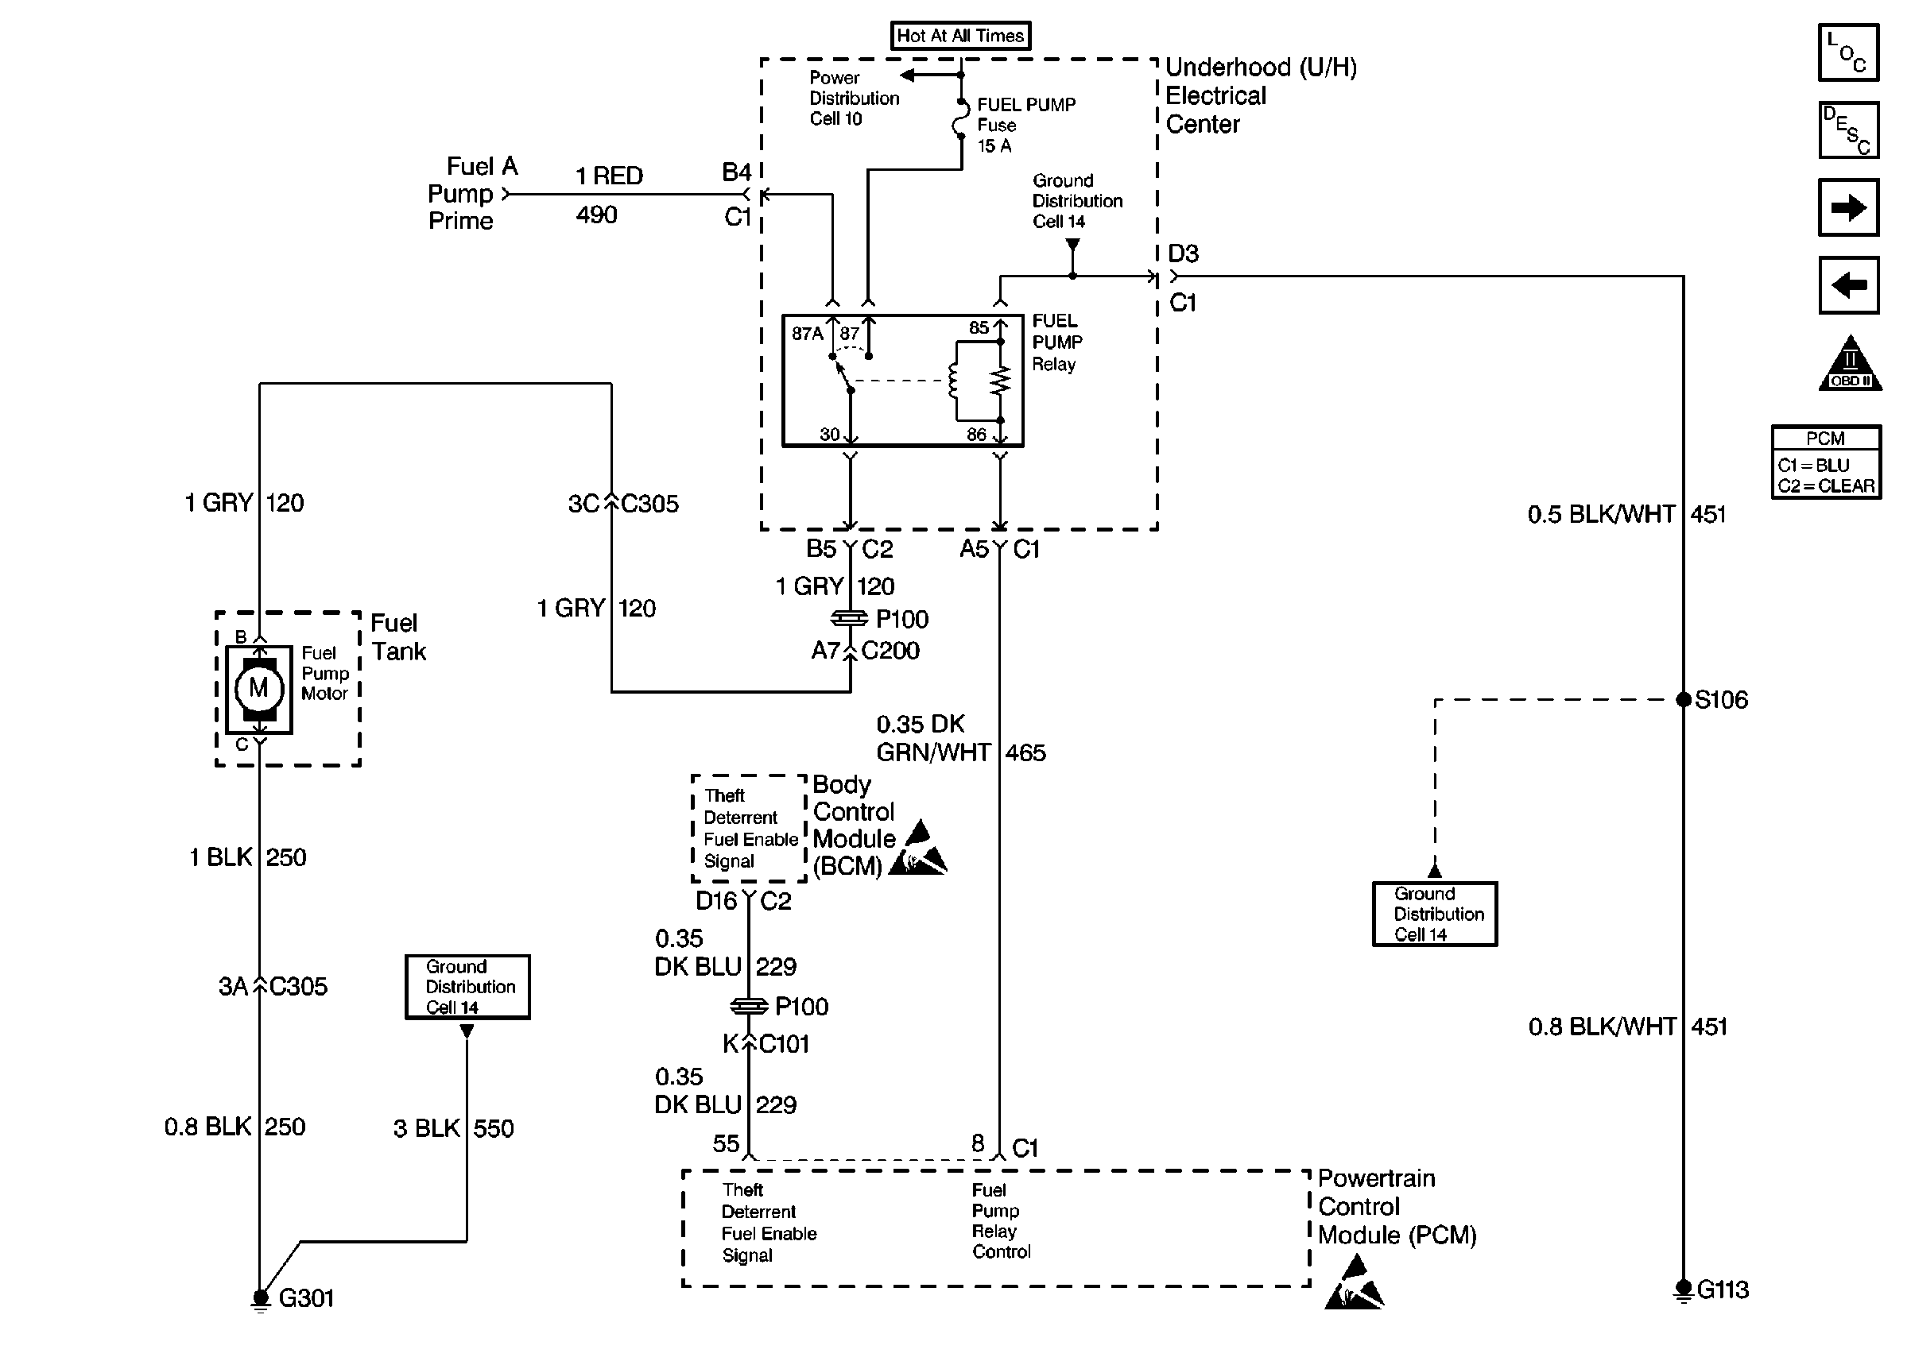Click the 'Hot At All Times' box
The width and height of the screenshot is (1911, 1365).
(x=960, y=35)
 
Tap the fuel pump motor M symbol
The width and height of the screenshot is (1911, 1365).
(x=258, y=688)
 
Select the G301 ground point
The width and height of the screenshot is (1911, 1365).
(x=261, y=1297)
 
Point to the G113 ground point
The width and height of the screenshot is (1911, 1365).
(x=1683, y=1289)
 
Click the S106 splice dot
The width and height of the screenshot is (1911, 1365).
(x=1683, y=699)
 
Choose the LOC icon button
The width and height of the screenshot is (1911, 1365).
(x=1848, y=52)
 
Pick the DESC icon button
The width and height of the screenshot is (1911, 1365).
(x=1848, y=130)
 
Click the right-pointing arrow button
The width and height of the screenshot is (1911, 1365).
(x=1848, y=207)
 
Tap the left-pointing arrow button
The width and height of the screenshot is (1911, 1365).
(x=1848, y=285)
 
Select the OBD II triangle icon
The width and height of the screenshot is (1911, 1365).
(x=1850, y=365)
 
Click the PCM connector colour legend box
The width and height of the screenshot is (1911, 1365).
(x=1826, y=462)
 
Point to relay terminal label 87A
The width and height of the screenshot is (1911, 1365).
(x=807, y=334)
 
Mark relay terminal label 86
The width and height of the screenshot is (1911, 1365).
(x=976, y=435)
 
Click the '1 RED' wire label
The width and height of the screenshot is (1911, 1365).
(x=609, y=176)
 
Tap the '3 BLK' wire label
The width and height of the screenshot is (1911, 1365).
(x=426, y=1128)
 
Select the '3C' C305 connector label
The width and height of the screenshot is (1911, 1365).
(x=583, y=504)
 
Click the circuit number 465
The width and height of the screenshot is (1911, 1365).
(x=1025, y=752)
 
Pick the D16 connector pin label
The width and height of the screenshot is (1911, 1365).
(x=716, y=901)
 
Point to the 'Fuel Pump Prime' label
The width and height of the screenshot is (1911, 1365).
(x=471, y=193)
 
